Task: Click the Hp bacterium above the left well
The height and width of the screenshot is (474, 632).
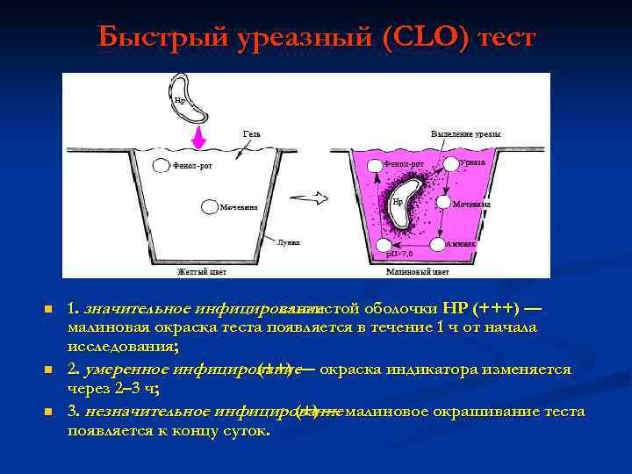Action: [x=188, y=98]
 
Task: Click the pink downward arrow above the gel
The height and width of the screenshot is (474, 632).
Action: [x=199, y=137]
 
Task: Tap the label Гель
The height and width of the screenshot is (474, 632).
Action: [x=252, y=133]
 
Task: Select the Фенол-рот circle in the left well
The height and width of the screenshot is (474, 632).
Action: [x=161, y=165]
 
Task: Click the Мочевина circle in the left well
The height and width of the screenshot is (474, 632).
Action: [x=209, y=207]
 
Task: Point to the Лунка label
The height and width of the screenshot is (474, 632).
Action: [x=288, y=241]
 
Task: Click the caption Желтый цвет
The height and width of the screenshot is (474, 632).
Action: [x=202, y=272]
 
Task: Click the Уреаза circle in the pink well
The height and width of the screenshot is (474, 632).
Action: [x=450, y=163]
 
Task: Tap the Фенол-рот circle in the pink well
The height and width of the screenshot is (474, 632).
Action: [x=375, y=164]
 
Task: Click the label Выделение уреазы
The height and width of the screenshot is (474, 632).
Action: [x=466, y=133]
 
